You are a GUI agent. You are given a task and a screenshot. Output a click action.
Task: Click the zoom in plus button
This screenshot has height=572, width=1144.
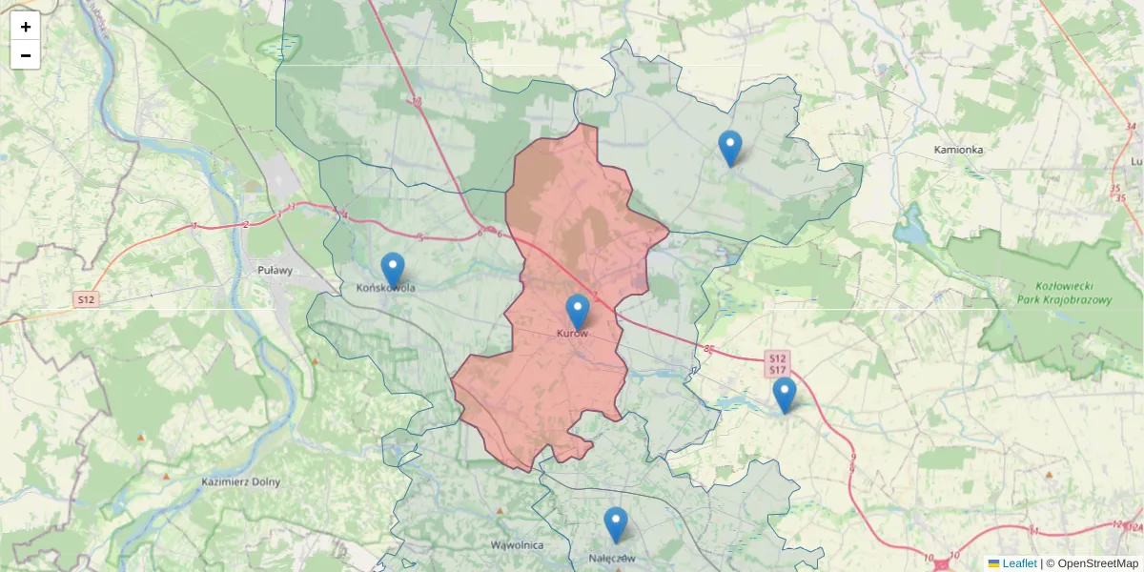(x=26, y=27)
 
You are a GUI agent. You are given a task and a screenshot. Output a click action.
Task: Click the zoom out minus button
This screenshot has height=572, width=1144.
(x=26, y=55)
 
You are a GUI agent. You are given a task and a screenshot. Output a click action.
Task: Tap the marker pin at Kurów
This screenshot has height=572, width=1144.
(x=578, y=312)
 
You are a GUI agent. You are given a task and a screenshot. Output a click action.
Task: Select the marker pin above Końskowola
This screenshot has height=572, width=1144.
(x=393, y=270)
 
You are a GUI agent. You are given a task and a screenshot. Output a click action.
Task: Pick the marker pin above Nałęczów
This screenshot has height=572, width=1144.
(x=617, y=524)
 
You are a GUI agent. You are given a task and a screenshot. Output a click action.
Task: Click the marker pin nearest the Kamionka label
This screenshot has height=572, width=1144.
(x=730, y=148)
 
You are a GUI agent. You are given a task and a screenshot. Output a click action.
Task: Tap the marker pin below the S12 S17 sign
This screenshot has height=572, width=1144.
(x=784, y=395)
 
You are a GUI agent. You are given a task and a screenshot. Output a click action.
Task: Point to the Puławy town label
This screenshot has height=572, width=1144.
(x=275, y=271)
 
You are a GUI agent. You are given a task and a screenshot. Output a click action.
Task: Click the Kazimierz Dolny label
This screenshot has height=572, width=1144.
(x=241, y=481)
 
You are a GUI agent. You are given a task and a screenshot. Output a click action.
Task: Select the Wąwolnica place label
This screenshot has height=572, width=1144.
(x=517, y=545)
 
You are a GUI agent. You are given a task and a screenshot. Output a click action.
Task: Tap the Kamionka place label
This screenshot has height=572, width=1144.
(x=958, y=150)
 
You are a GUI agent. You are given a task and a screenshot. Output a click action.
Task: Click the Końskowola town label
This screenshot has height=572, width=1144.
(x=385, y=287)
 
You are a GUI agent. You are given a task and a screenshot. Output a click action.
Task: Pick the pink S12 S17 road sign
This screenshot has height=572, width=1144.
(x=777, y=363)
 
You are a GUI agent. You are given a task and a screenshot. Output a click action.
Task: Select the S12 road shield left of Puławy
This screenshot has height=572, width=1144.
(x=86, y=299)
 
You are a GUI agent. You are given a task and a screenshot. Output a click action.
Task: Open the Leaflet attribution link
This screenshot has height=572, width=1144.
(x=1018, y=563)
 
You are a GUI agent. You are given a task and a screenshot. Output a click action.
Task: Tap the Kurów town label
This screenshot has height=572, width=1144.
(x=572, y=334)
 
